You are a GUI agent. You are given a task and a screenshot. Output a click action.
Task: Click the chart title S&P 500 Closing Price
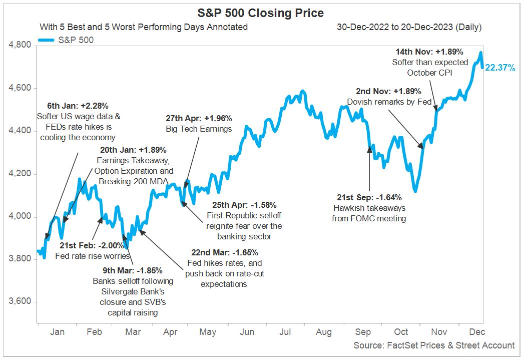pyautogui.click(x=261, y=13)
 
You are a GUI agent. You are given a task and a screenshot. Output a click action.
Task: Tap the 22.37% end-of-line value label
pyautogui.click(x=500, y=68)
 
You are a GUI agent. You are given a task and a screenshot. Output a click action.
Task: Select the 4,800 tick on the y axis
pyautogui.click(x=21, y=46)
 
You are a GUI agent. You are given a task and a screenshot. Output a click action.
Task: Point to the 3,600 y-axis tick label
pyautogui.click(x=21, y=302)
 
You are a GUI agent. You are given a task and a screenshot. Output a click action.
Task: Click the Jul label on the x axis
pyautogui.click(x=285, y=332)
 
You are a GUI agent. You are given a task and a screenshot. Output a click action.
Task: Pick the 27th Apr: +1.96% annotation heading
pyautogui.click(x=199, y=119)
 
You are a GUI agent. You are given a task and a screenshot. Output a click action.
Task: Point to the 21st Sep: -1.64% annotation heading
pyautogui.click(x=369, y=197)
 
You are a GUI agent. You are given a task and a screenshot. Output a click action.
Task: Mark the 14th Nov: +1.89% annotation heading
pyautogui.click(x=429, y=52)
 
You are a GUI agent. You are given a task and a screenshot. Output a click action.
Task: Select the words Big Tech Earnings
pyautogui.click(x=199, y=129)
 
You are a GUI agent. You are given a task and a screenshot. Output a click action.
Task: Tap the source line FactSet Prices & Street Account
pyautogui.click(x=433, y=345)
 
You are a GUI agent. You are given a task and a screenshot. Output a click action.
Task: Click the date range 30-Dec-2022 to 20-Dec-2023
pyautogui.click(x=409, y=27)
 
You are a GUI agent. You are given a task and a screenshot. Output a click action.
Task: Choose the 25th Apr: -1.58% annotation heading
pyautogui.click(x=244, y=205)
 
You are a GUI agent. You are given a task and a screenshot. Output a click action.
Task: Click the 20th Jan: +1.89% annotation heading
pyautogui.click(x=133, y=150)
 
